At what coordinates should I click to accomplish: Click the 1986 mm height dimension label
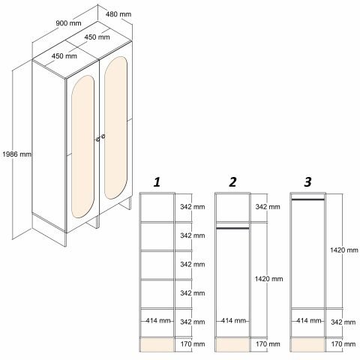pyautogui.click(x=17, y=154)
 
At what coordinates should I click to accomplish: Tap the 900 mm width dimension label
pyautogui.click(x=68, y=23)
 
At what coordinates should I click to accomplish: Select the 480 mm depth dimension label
pyautogui.click(x=118, y=14)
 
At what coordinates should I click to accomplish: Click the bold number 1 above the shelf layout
pyautogui.click(x=157, y=182)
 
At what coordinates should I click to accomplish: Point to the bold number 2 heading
pyautogui.click(x=232, y=182)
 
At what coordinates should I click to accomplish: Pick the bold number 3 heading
pyautogui.click(x=307, y=182)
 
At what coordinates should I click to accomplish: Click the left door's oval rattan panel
pyautogui.click(x=82, y=146)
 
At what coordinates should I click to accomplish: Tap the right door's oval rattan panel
pyautogui.click(x=115, y=127)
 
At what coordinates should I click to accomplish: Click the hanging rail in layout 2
pyautogui.click(x=232, y=228)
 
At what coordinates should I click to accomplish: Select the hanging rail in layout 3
pyautogui.click(x=307, y=199)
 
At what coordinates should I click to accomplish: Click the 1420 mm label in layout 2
pyautogui.click(x=269, y=279)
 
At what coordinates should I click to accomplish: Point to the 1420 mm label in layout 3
pyautogui.click(x=344, y=250)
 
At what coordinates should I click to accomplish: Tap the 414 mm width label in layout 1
pyautogui.click(x=158, y=320)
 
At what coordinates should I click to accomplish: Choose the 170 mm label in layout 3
pyautogui.click(x=343, y=344)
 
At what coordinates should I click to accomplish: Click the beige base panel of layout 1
pyautogui.click(x=157, y=345)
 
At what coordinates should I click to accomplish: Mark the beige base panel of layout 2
pyautogui.click(x=232, y=345)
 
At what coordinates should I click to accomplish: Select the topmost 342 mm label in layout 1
pyautogui.click(x=193, y=207)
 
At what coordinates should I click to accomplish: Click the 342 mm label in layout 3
pyautogui.click(x=343, y=322)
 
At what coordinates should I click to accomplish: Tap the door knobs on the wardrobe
pyautogui.click(x=100, y=138)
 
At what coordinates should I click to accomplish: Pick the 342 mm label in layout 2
pyautogui.click(x=268, y=207)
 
